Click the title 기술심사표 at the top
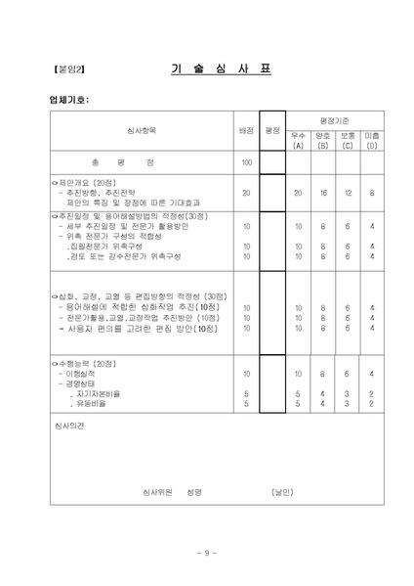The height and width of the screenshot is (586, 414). [x=225, y=69]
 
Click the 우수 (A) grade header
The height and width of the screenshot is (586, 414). [x=299, y=139]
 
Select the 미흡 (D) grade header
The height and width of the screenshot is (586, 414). [x=372, y=139]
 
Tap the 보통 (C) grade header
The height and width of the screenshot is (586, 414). [x=348, y=139]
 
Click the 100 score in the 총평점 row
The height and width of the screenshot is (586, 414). [x=246, y=162]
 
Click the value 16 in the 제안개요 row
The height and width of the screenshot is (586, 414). [x=323, y=193]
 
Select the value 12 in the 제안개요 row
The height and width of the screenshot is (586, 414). [x=348, y=193]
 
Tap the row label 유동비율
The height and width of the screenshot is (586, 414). [x=87, y=402]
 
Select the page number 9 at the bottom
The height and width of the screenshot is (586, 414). [x=207, y=554]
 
